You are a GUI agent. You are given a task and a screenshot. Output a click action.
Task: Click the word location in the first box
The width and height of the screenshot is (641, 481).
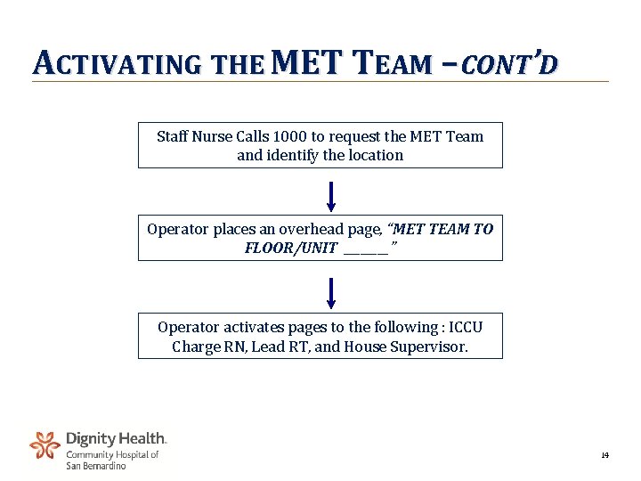pyautogui.click(x=374, y=155)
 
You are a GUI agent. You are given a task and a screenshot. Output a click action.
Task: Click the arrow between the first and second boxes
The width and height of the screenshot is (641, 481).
pyautogui.click(x=331, y=197)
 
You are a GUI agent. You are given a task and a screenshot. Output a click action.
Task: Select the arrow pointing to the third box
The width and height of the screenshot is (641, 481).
pyautogui.click(x=331, y=293)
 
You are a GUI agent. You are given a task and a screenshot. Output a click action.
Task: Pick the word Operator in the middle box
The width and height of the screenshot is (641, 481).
pyautogui.click(x=177, y=229)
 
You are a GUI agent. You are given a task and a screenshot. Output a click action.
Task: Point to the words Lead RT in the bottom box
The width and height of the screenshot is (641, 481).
pyautogui.click(x=280, y=346)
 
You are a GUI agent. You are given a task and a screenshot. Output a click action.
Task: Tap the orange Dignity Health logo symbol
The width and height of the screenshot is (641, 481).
pyautogui.click(x=45, y=444)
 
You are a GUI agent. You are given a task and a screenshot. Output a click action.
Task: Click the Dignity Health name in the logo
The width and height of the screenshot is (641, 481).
pyautogui.click(x=116, y=438)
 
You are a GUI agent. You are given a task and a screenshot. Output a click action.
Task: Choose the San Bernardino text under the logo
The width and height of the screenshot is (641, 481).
pyautogui.click(x=96, y=466)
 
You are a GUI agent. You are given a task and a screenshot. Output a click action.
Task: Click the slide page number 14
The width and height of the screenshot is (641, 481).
pyautogui.click(x=604, y=455)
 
